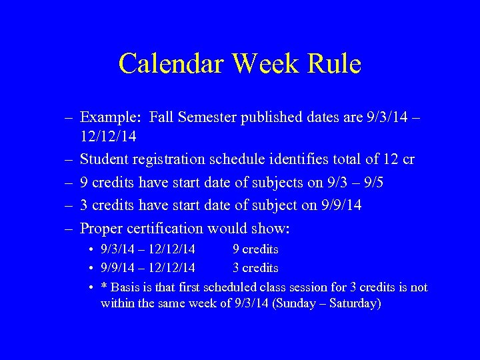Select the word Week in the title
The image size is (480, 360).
pos(267,64)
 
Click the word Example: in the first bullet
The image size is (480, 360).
pos(109,118)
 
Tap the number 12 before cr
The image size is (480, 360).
pos(392,160)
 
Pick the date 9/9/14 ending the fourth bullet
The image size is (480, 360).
pos(341,205)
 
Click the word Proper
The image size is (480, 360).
pos(102,228)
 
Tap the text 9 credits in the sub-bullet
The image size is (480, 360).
pos(255,249)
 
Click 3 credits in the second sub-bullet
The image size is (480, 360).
pos(255,268)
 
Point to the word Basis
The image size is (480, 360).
pos(125,287)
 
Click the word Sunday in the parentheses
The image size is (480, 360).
pos(289,304)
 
